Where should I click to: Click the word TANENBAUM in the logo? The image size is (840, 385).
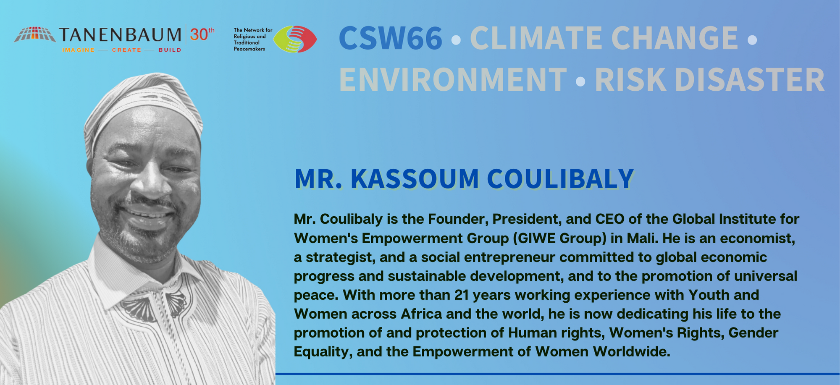[120, 34]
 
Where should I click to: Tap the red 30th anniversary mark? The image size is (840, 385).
[202, 34]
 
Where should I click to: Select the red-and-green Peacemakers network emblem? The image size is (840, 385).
[295, 39]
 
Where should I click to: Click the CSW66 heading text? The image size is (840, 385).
[390, 38]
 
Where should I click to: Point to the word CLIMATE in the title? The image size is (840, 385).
[536, 38]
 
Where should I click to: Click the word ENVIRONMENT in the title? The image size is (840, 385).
[453, 79]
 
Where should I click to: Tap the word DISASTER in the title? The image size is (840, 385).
[750, 79]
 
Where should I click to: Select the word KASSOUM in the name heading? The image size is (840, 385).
[415, 179]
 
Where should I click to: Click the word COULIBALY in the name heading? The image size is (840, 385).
[560, 179]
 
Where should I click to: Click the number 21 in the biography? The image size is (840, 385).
[462, 295]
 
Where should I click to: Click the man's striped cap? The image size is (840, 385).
[143, 105]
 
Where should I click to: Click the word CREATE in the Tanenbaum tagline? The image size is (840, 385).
[126, 50]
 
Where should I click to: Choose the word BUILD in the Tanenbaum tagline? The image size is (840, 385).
[170, 50]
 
